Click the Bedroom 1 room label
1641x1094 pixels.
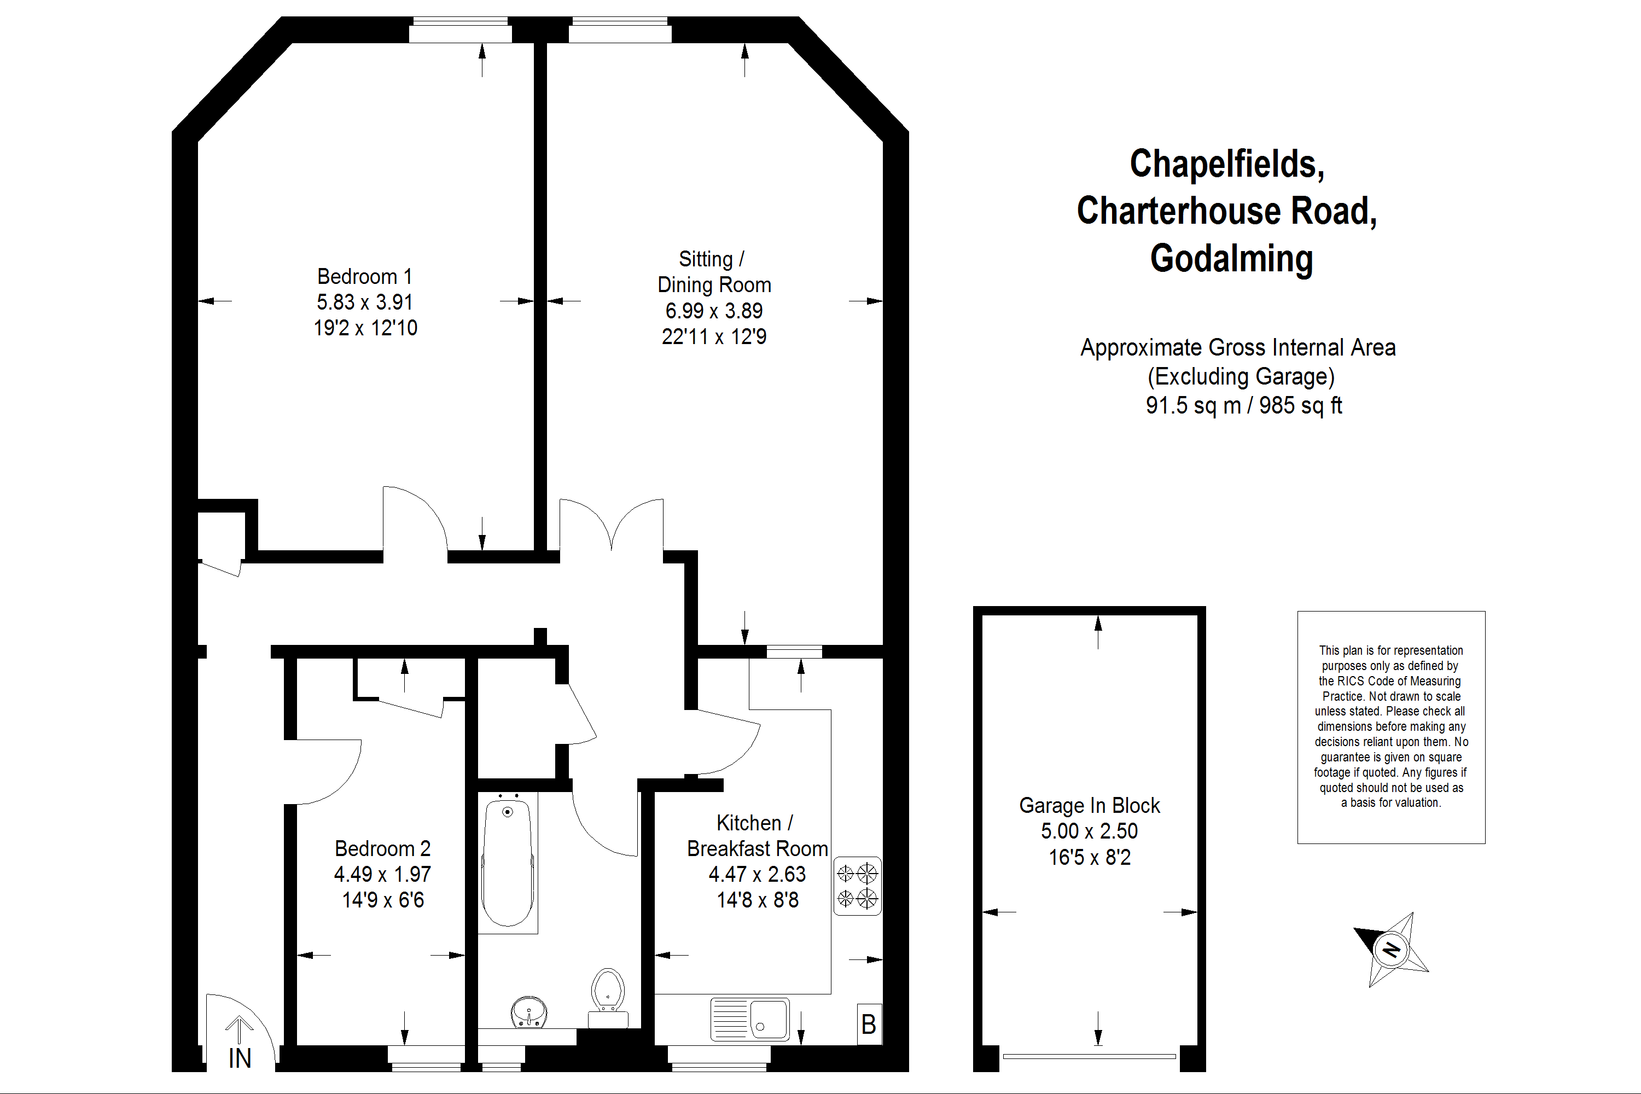point(364,276)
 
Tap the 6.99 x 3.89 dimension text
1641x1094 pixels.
point(714,311)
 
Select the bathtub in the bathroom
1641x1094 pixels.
point(508,863)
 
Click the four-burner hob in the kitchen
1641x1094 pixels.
point(858,886)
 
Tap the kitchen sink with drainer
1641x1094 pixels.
point(750,1020)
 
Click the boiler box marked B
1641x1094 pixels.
point(869,1024)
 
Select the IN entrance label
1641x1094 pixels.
point(240,1058)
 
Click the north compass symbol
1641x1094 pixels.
point(1391,950)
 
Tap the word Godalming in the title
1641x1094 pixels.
point(1231,258)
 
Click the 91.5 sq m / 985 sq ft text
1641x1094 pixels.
point(1243,405)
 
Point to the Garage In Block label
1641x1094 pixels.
point(1089,805)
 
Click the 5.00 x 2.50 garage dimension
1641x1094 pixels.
point(1089,831)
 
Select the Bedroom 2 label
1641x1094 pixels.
point(382,848)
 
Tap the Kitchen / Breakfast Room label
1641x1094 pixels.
point(757,836)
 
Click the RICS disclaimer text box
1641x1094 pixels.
point(1391,727)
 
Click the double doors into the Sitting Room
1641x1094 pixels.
point(611,525)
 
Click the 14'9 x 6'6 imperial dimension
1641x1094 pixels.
point(382,900)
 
